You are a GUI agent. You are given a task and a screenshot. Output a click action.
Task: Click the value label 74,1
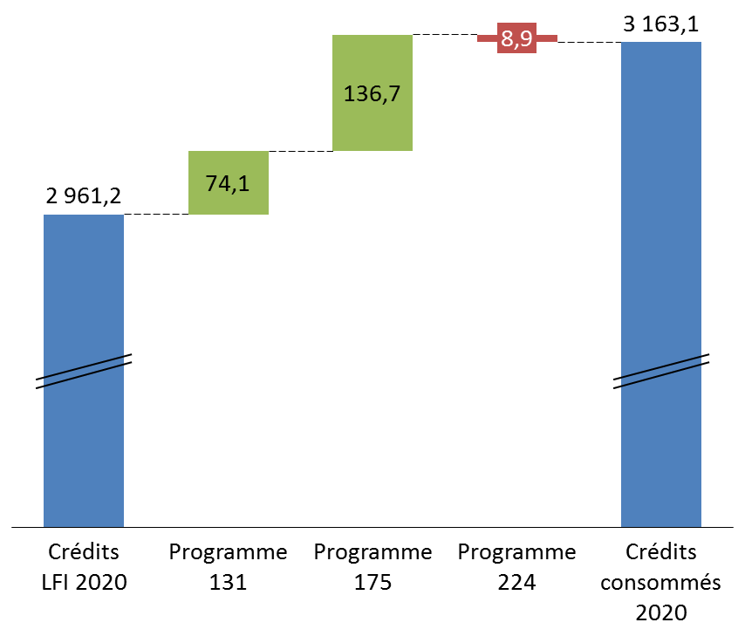228,183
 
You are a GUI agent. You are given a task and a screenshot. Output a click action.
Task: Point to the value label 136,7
372,93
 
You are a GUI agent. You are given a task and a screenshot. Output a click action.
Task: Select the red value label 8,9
516,38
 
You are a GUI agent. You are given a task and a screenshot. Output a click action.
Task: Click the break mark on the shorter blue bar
84,371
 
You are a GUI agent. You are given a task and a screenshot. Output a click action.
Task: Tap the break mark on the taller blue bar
660,371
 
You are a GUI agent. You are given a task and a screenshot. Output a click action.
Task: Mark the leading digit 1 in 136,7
350,93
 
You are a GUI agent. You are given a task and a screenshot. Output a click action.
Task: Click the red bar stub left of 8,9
487,38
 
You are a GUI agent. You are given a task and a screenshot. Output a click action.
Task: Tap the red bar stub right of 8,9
547,38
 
